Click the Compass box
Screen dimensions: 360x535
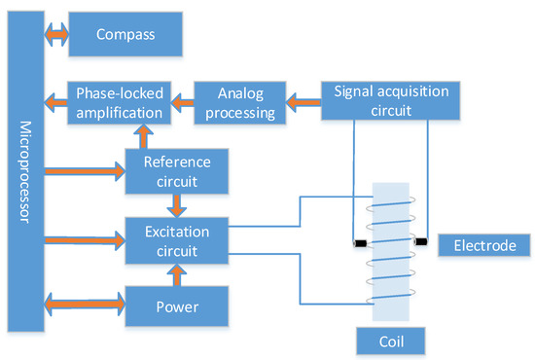point(126,35)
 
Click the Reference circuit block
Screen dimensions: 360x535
point(176,169)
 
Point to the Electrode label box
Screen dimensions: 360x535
point(483,244)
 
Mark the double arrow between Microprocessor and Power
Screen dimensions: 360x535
point(84,306)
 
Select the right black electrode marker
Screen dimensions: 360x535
point(420,240)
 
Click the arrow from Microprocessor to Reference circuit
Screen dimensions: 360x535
point(84,170)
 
